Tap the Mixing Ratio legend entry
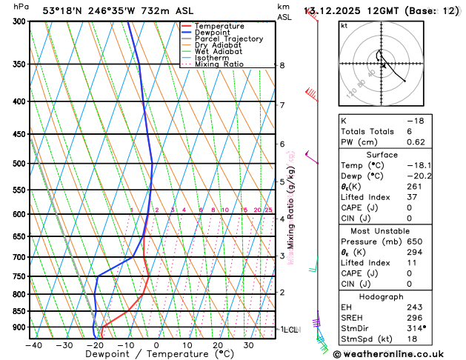[x=219, y=64]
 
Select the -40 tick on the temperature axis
[x=33, y=344]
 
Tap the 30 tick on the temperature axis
[x=248, y=344]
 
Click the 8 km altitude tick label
[x=282, y=65]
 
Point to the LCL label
[x=290, y=329]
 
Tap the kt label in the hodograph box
[x=344, y=25]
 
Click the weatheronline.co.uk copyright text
[x=399, y=354]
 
